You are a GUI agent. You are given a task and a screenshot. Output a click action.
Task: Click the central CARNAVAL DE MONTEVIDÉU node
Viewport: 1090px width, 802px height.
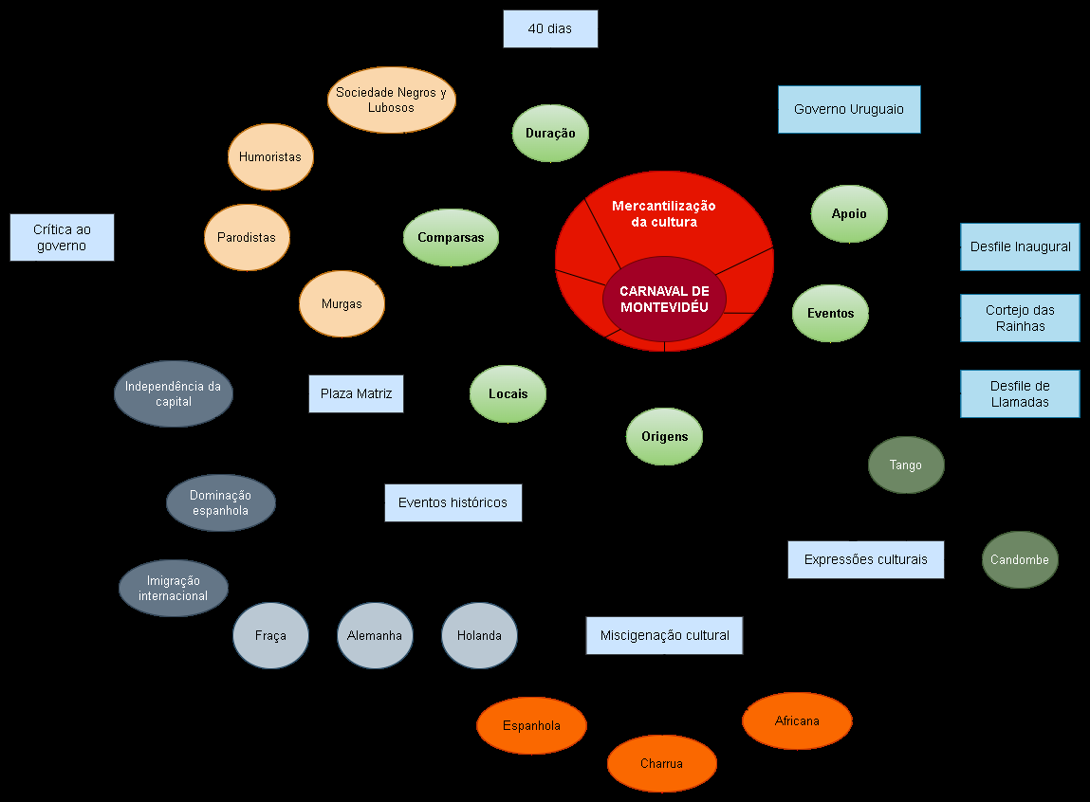(x=664, y=299)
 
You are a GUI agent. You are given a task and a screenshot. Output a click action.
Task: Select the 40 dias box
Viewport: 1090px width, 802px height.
(x=550, y=28)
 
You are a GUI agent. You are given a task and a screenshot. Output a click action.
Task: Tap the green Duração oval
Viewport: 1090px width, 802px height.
(x=550, y=133)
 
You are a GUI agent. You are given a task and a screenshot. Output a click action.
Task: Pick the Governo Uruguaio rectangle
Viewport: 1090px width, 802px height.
(x=849, y=109)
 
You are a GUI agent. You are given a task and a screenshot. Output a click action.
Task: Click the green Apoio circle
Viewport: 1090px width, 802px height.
(x=849, y=213)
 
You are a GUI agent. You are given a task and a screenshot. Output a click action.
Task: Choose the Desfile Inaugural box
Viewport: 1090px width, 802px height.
(x=1020, y=246)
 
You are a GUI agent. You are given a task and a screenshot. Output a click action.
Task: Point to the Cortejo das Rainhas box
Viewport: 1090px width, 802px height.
(x=1020, y=318)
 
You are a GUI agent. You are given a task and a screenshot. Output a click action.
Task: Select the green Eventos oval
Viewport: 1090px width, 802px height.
(x=830, y=313)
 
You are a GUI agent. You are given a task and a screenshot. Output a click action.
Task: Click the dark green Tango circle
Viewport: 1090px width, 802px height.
(x=906, y=465)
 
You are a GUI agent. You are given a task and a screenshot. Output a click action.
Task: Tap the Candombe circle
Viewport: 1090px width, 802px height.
(x=1020, y=559)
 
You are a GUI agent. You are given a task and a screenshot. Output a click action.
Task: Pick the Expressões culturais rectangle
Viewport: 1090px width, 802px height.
(x=865, y=559)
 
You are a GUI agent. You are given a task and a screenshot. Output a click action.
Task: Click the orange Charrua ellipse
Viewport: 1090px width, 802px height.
(x=661, y=763)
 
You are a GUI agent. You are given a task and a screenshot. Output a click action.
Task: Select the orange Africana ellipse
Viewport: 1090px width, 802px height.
(x=797, y=720)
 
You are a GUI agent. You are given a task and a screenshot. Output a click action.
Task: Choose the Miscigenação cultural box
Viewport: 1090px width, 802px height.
(x=664, y=635)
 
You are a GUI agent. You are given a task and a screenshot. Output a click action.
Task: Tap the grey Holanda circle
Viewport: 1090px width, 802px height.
(x=479, y=635)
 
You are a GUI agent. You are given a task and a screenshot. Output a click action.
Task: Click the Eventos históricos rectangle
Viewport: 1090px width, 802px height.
(x=453, y=502)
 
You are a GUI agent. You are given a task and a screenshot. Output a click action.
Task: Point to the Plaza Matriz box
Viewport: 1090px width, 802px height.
(x=356, y=393)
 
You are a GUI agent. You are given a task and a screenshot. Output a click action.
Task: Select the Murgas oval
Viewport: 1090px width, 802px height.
(x=342, y=303)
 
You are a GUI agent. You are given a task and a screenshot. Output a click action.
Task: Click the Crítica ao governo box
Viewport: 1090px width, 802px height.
(x=62, y=237)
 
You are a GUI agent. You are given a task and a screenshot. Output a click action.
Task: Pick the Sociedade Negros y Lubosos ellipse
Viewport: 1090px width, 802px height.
(x=391, y=100)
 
